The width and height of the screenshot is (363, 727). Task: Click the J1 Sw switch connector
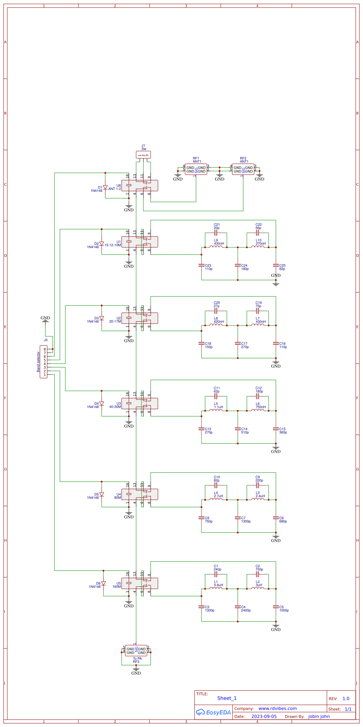tap(143, 155)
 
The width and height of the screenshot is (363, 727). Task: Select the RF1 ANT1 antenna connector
tap(196, 169)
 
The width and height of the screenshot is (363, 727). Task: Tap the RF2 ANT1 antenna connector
tap(243, 169)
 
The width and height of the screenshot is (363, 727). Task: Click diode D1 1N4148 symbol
tap(105, 187)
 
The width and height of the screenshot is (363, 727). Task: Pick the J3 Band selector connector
tap(44, 362)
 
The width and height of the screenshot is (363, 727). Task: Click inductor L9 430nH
tap(216, 247)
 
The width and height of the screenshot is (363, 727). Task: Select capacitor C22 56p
tap(257, 233)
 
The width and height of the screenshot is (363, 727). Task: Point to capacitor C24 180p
tap(238, 266)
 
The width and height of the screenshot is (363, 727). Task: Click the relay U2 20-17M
tap(140, 318)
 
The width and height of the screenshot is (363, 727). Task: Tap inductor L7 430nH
tap(258, 325)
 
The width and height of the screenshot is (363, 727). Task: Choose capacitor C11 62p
tap(216, 396)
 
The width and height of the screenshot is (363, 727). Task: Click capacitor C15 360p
tap(276, 429)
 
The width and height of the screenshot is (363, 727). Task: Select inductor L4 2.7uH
tap(216, 500)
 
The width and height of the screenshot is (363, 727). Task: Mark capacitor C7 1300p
tap(238, 518)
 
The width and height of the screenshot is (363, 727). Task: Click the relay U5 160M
tap(140, 583)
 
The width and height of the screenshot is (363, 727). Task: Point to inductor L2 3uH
tap(258, 589)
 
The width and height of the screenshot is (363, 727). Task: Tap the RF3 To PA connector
tap(136, 651)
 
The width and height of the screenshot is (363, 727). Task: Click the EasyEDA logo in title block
tap(213, 712)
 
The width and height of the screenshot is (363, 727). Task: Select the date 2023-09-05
tap(264, 716)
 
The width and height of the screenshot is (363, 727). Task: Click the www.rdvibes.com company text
tap(277, 708)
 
